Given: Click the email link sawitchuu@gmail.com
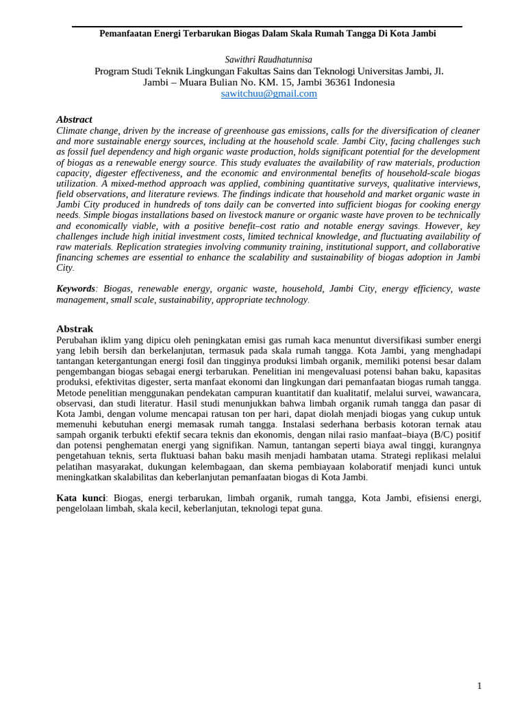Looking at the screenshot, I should coord(268,94).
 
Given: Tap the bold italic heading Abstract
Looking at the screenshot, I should coord(74,119).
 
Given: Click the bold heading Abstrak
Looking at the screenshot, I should coord(75,329).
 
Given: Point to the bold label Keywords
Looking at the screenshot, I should coord(75,289).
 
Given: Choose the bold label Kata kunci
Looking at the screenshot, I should coord(81,498).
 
